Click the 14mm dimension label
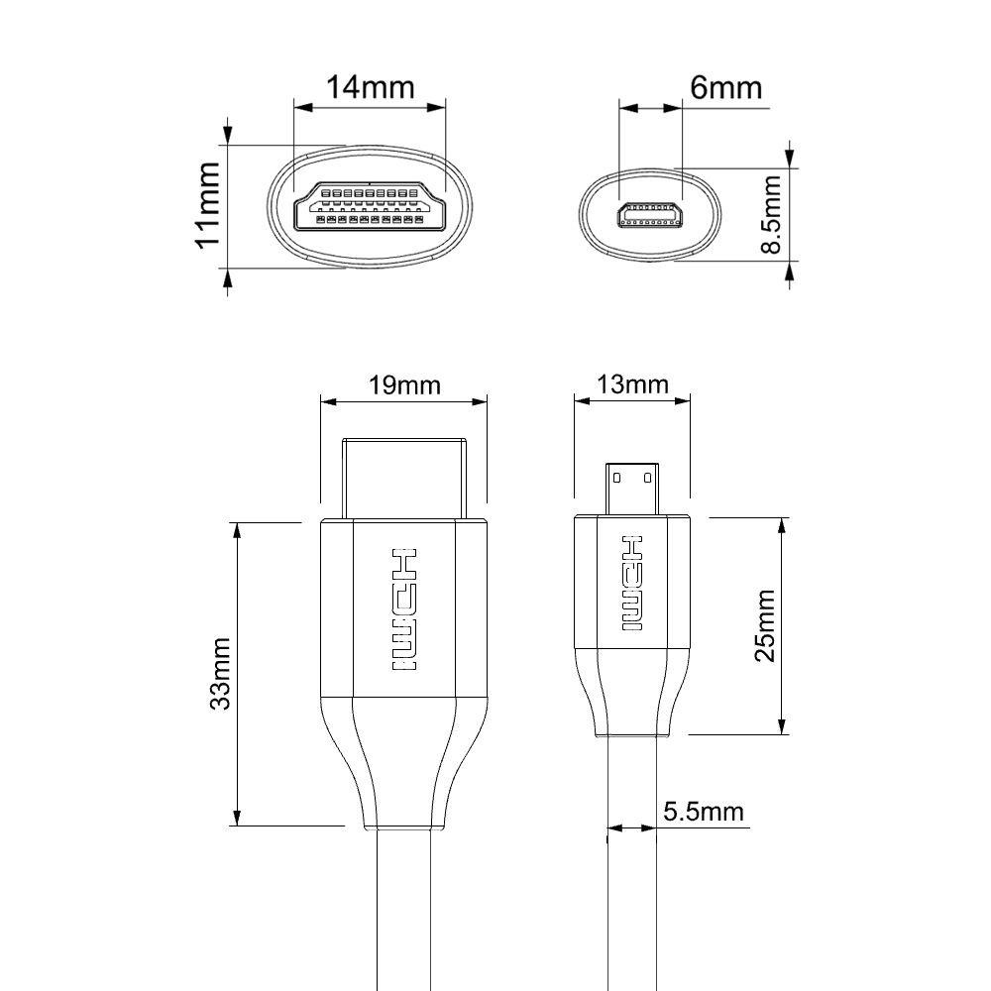[370, 87]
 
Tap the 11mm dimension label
[208, 205]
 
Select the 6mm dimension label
[725, 87]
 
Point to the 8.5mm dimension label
[771, 214]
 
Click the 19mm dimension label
[404, 385]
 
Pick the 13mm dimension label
[632, 385]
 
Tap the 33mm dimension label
[220, 674]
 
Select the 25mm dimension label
[765, 625]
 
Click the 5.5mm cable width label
[704, 812]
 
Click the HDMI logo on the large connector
[404, 609]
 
